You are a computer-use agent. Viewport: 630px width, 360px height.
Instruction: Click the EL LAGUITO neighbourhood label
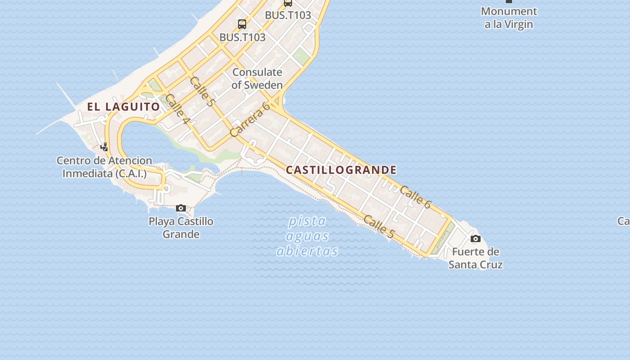(x=123, y=107)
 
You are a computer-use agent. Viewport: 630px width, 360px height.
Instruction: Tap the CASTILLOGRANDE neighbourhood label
(x=342, y=170)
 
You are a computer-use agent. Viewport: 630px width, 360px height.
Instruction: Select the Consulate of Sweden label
(x=257, y=78)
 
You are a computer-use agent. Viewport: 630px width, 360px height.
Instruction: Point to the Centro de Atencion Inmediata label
(x=104, y=167)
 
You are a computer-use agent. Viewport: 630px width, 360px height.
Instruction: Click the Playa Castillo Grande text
(x=181, y=228)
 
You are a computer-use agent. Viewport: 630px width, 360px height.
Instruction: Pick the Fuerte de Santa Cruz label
(x=476, y=258)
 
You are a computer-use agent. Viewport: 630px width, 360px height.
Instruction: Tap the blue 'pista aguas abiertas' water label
(x=308, y=236)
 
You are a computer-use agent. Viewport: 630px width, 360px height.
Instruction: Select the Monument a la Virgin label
(x=509, y=18)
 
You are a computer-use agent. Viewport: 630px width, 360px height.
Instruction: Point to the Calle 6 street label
(x=415, y=197)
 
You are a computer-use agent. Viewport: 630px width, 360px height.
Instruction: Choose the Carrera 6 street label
(x=250, y=119)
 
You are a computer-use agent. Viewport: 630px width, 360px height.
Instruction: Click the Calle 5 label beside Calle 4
(x=202, y=91)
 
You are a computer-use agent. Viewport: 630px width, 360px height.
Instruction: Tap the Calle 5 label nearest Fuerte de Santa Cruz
(x=379, y=227)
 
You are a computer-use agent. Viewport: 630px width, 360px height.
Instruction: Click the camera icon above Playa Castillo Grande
(x=181, y=208)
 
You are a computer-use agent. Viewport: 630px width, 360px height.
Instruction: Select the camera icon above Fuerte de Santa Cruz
(x=476, y=238)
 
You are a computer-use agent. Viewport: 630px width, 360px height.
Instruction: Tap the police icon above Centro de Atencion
(x=104, y=147)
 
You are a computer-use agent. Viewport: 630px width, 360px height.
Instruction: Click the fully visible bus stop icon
(x=242, y=24)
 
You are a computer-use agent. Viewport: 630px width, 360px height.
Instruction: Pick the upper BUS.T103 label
(x=288, y=15)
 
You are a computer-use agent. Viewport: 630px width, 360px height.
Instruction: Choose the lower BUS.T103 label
(x=243, y=37)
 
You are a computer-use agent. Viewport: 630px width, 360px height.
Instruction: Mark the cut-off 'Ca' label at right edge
(x=624, y=221)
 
